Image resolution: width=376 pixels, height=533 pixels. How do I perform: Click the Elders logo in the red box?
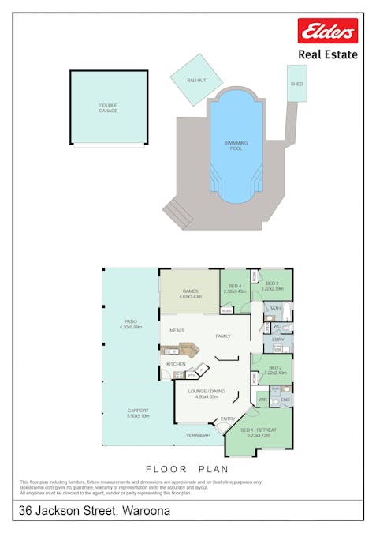tap(327, 32)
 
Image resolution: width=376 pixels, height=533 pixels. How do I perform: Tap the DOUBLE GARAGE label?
tap(108, 107)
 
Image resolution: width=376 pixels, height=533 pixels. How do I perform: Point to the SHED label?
tap(296, 83)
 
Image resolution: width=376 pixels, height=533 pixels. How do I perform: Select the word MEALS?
tap(177, 331)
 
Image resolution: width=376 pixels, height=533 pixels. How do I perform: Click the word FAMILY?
tap(224, 336)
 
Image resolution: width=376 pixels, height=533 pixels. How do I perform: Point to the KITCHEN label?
tap(175, 364)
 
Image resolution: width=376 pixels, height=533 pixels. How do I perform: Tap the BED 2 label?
tap(275, 368)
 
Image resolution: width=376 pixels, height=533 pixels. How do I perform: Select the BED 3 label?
tap(273, 284)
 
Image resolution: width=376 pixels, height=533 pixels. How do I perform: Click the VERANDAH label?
tap(198, 436)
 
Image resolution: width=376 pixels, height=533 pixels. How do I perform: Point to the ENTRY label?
tap(228, 419)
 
